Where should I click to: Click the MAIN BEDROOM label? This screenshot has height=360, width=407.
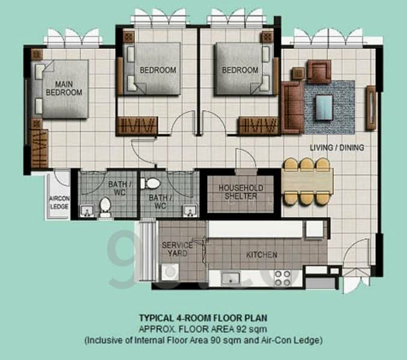[x=64, y=88]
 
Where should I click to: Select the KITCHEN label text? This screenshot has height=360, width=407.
[x=262, y=255]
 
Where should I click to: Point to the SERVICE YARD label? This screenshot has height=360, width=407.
[x=177, y=249]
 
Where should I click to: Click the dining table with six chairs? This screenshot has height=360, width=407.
[x=307, y=179]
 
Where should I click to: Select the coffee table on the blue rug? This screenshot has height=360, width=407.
[x=325, y=106]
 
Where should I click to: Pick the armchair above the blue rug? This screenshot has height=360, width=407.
[x=319, y=71]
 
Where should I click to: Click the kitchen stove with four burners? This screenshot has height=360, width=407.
[x=282, y=277]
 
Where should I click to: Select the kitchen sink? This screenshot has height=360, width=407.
[x=230, y=278]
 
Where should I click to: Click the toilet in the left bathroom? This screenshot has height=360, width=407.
[x=106, y=206]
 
